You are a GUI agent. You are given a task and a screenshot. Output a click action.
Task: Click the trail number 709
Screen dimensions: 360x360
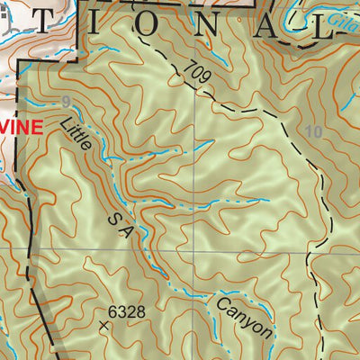(x=200, y=74)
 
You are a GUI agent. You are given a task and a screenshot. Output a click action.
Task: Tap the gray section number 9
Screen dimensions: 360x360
(x=66, y=102)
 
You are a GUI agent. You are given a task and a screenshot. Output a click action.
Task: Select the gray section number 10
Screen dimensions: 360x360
(x=313, y=131)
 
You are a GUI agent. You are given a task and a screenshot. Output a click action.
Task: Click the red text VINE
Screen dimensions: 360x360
(x=22, y=128)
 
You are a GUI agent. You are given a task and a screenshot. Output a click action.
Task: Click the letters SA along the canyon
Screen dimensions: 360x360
(x=120, y=225)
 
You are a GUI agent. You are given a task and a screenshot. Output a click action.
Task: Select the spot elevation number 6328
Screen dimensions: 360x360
(x=126, y=311)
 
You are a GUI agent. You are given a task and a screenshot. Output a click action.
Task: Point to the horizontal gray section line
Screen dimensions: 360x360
(x=270, y=250)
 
